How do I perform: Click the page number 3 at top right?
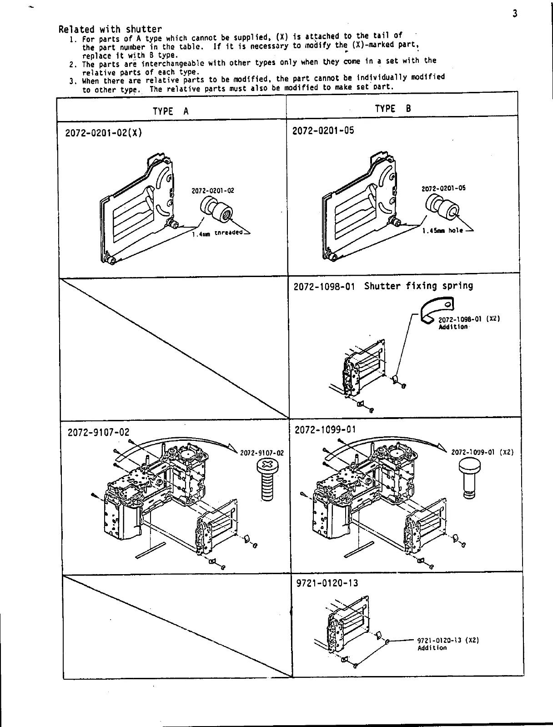(x=515, y=14)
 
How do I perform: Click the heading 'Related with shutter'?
(x=110, y=30)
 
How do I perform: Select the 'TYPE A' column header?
(x=171, y=111)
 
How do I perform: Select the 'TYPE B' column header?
(x=393, y=109)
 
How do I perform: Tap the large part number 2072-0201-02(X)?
(x=104, y=133)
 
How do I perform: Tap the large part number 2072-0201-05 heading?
(x=323, y=131)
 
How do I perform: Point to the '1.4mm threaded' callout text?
(x=218, y=233)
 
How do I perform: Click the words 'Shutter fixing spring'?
(x=418, y=286)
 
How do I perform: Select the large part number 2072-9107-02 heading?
(x=99, y=432)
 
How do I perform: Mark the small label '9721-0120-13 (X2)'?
(x=448, y=640)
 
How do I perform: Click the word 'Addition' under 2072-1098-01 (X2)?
(x=453, y=327)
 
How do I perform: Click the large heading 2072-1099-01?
(x=325, y=430)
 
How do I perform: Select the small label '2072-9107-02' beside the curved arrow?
(x=261, y=453)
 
